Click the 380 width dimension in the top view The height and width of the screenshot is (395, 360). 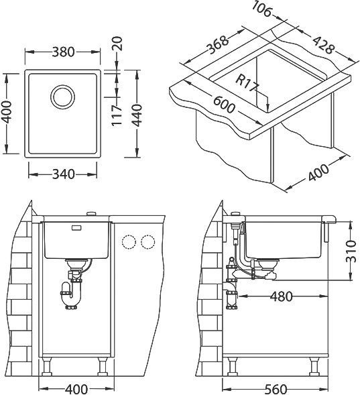pos(64,52)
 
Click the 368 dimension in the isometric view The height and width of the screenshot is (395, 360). pos(216,44)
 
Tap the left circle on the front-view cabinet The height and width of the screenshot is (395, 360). pos(127,241)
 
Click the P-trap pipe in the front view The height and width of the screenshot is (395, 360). pos(71,293)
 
